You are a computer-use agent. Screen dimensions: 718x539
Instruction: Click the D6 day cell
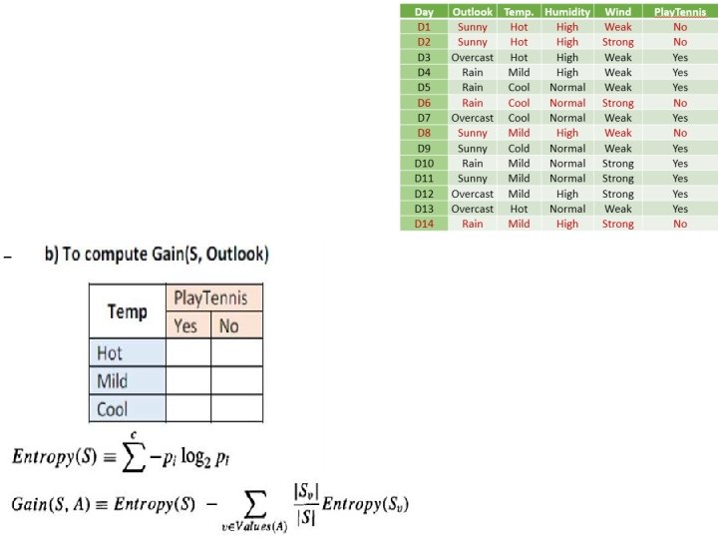coord(424,102)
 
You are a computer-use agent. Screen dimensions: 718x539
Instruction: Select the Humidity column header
coord(567,12)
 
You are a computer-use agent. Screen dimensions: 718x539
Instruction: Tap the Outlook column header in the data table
coord(472,12)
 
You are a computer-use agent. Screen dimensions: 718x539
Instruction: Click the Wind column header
coord(617,12)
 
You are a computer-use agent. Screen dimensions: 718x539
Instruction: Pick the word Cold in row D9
coord(519,148)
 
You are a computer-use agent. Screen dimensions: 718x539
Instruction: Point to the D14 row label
coord(424,224)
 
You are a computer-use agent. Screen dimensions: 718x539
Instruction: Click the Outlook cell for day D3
coord(472,57)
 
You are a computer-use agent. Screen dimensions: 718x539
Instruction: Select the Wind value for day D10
coord(617,163)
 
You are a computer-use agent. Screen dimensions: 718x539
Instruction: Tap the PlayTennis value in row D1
coord(680,27)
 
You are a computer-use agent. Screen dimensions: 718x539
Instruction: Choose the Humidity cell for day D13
coord(567,209)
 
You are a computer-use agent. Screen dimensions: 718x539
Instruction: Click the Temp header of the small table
coord(127,311)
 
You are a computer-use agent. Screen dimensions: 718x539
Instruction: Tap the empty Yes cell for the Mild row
coord(188,380)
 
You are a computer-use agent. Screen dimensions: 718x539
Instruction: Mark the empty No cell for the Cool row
coord(237,408)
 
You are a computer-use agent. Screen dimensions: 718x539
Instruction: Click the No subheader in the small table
coord(229,325)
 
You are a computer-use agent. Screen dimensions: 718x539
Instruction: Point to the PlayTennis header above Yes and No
coord(211,298)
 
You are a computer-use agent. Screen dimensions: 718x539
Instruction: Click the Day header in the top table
coord(424,12)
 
